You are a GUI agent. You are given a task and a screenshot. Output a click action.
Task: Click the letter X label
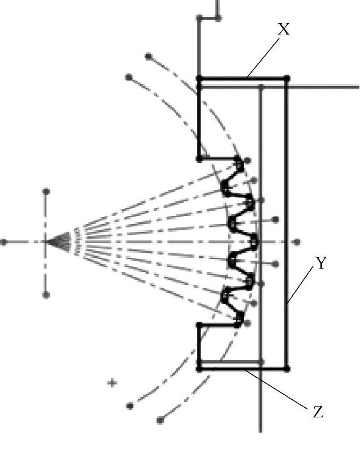click(x=284, y=29)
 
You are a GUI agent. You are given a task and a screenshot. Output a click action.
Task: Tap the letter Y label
click(x=321, y=264)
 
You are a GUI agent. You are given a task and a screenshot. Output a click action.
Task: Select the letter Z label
click(x=318, y=412)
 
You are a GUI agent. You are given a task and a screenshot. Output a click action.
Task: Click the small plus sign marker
click(x=112, y=383)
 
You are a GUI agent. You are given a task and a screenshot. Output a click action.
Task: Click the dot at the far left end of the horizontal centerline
click(x=4, y=242)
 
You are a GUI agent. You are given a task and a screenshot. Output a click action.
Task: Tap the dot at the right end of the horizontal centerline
click(x=298, y=242)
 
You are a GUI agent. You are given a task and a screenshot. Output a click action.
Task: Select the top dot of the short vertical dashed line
click(x=46, y=192)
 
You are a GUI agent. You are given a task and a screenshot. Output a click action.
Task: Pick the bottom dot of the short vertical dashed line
click(x=46, y=295)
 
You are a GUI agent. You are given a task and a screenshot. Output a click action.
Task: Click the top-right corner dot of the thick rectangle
click(x=287, y=78)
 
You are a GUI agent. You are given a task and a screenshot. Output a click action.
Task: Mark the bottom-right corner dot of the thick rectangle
click(x=287, y=369)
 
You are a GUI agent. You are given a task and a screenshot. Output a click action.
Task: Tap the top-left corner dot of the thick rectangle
click(x=199, y=78)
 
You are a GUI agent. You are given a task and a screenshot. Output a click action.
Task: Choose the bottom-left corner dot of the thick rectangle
click(x=199, y=369)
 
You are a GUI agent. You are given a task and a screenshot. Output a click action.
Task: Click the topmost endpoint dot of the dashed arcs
click(x=149, y=57)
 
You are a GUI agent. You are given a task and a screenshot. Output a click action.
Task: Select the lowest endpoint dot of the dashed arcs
click(x=160, y=420)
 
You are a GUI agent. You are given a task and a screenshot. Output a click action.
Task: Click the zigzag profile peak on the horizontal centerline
click(x=254, y=242)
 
